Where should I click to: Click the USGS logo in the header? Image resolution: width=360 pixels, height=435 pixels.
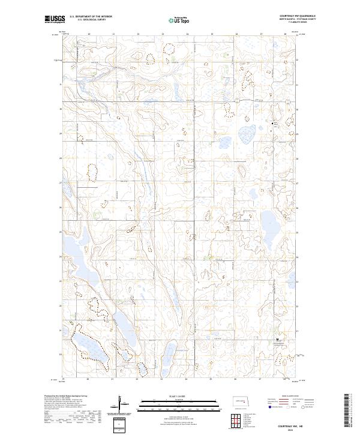pos(55,20)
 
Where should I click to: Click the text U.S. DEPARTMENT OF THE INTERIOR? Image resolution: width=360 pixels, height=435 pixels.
pos(91,17)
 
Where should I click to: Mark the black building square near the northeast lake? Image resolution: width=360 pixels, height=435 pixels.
pos(275,124)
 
